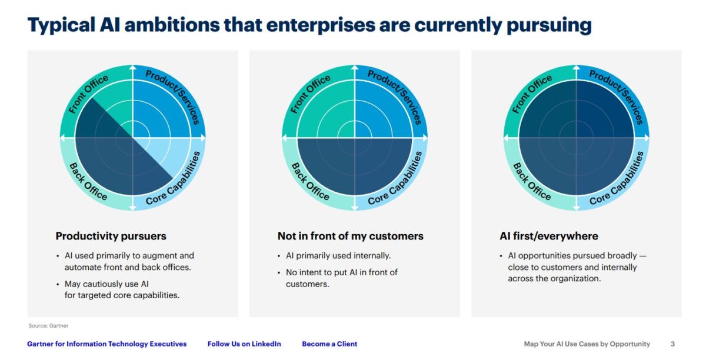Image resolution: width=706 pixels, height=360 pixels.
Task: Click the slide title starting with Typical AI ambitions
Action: tap(309, 25)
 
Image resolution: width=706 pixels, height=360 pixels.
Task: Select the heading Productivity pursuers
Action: tap(111, 236)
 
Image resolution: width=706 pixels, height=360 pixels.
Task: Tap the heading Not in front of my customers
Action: tap(350, 236)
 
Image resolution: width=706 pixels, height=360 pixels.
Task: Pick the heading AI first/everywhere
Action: tap(548, 236)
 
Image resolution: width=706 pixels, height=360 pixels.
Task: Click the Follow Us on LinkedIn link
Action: tap(244, 344)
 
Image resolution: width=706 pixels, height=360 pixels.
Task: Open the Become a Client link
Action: tap(329, 344)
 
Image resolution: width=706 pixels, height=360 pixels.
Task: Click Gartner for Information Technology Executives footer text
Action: tap(107, 344)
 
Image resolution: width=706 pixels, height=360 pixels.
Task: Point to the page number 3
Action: tap(672, 344)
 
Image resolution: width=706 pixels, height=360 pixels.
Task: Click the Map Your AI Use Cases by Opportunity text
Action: tap(587, 344)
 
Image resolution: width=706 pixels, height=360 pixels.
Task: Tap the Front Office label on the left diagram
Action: tap(89, 94)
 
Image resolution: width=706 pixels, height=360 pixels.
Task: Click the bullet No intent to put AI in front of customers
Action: tap(341, 278)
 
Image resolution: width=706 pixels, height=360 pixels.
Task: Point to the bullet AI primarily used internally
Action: tap(338, 256)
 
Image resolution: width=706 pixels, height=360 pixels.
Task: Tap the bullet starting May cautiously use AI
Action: tap(122, 289)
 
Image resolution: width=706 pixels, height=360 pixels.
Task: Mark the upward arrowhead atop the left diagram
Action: tap(132, 69)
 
